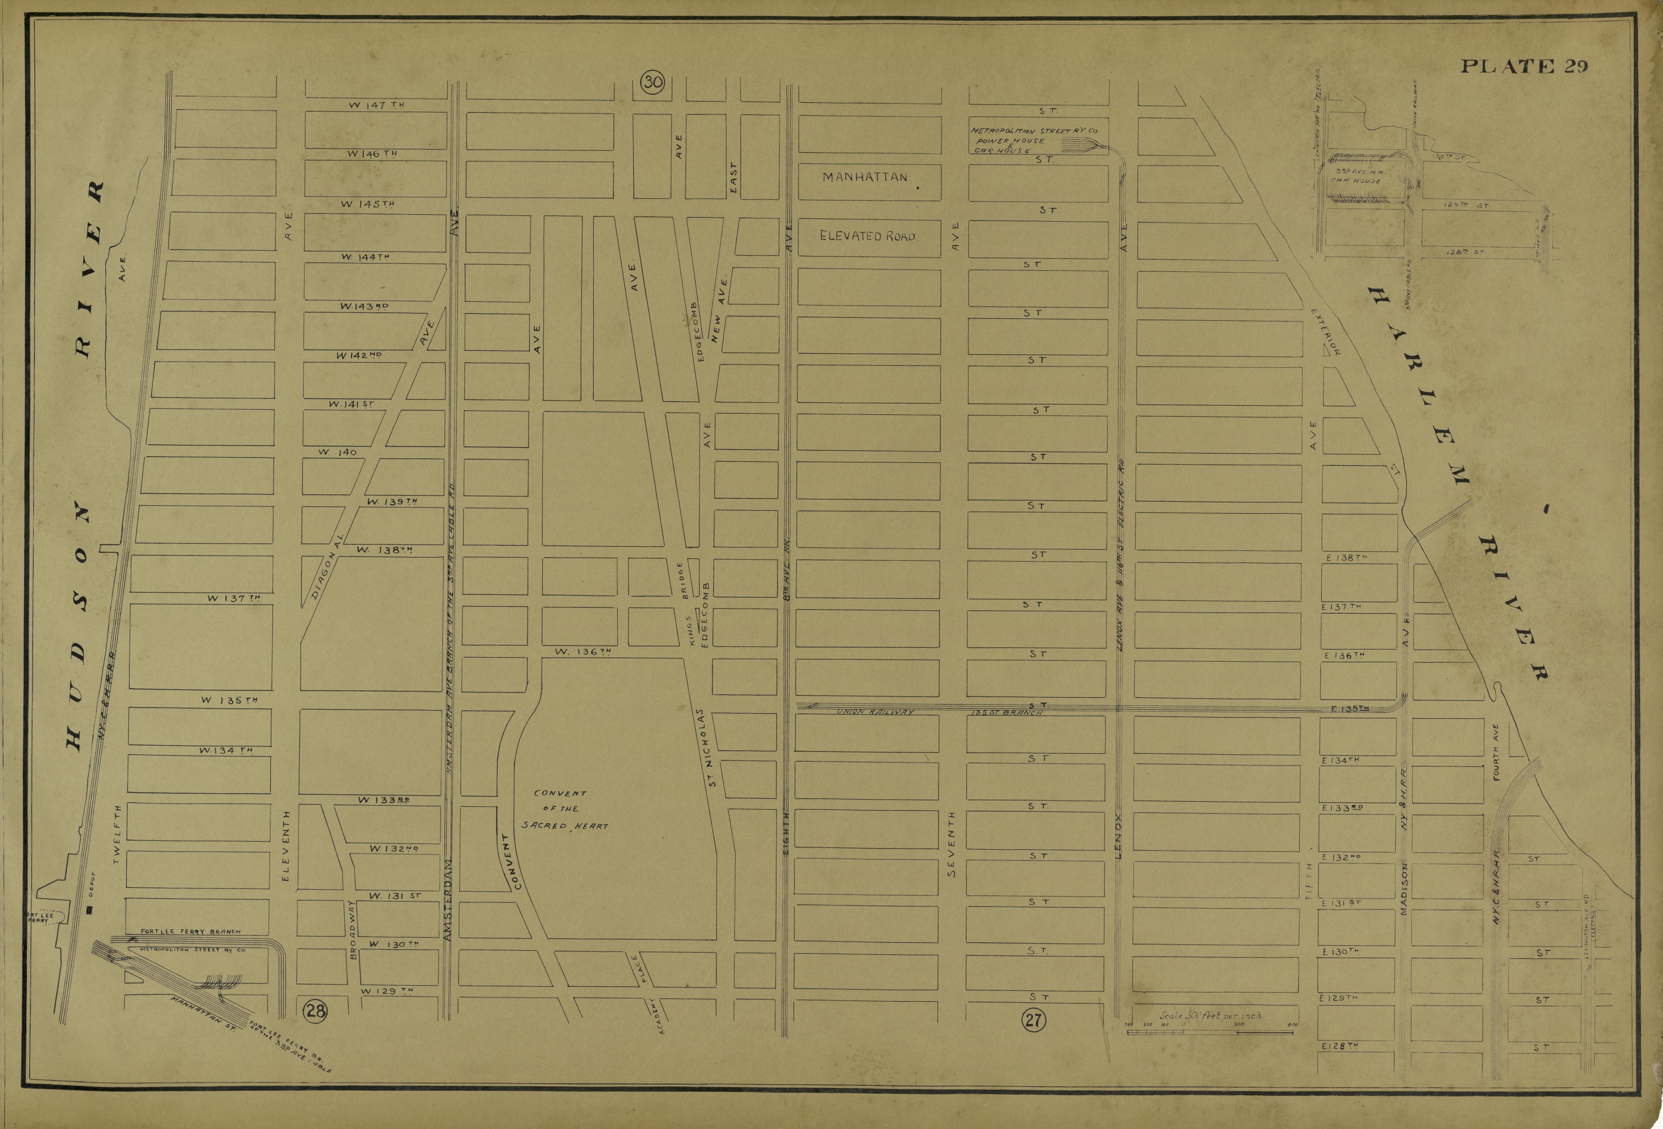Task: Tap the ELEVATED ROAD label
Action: coord(867,236)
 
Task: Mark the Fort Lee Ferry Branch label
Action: coord(191,932)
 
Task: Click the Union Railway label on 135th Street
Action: coord(875,712)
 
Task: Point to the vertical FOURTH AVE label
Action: coord(1495,752)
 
